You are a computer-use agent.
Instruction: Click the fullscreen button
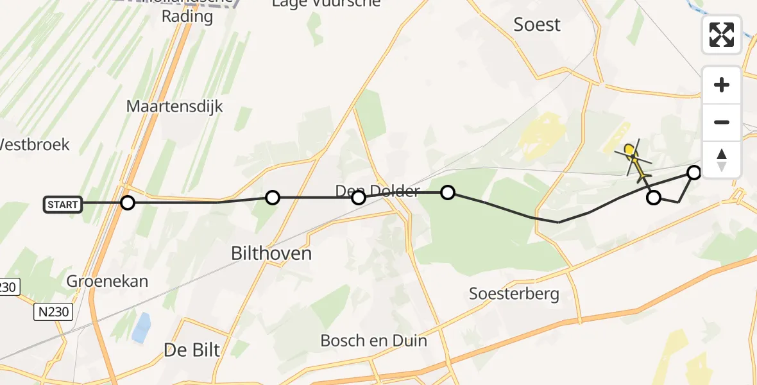(x=722, y=35)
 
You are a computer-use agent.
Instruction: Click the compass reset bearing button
(x=722, y=159)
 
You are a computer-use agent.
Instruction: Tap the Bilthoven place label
(x=271, y=253)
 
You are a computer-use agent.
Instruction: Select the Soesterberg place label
(x=515, y=295)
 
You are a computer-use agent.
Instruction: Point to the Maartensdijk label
(x=174, y=107)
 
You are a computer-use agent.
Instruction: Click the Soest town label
(x=537, y=25)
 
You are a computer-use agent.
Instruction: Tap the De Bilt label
(x=192, y=350)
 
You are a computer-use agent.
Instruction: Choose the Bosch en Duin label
(x=373, y=340)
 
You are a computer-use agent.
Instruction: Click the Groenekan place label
(x=107, y=281)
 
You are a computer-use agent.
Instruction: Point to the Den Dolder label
(x=377, y=191)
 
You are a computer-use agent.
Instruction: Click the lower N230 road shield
(x=53, y=312)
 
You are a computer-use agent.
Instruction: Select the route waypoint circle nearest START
(x=128, y=203)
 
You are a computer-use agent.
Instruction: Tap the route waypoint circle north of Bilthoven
(x=273, y=198)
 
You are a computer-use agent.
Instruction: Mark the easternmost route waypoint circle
(x=694, y=172)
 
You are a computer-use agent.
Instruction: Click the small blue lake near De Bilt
(x=141, y=327)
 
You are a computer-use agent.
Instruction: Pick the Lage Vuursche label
(x=326, y=3)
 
